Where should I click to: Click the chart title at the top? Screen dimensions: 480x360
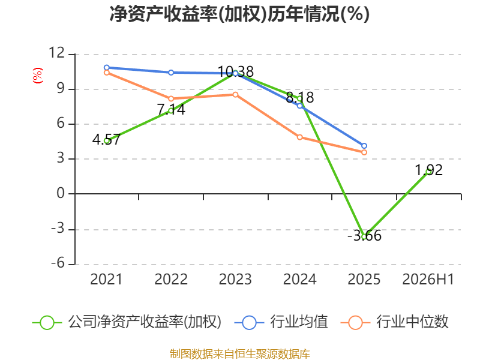[x=239, y=14]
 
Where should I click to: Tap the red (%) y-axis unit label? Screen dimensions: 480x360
[x=38, y=76]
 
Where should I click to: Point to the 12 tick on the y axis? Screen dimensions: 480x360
[x=57, y=53]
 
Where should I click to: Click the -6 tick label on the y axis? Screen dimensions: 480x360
[x=58, y=263]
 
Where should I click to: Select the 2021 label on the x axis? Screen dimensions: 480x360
[x=106, y=279]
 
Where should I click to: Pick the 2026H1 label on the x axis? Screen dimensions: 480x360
[x=428, y=279]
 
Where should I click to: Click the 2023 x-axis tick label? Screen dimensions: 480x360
[x=235, y=279]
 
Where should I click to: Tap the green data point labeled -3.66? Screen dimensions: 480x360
[x=364, y=236]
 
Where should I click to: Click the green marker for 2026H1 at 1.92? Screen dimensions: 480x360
[x=428, y=172]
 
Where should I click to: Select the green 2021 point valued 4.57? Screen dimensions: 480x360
[x=107, y=141]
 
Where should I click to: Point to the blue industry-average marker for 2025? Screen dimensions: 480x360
[x=364, y=146]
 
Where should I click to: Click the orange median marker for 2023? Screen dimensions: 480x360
[x=235, y=95]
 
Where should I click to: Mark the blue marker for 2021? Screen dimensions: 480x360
[x=107, y=68]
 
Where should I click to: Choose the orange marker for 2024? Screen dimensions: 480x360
[x=299, y=137]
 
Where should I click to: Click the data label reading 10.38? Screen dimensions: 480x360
[x=236, y=72]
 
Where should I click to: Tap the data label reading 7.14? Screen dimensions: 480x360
[x=171, y=110]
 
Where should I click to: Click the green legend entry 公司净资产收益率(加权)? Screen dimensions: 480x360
[x=127, y=322]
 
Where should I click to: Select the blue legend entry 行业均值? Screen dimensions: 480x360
[x=281, y=322]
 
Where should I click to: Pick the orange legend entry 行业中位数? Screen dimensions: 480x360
[x=395, y=322]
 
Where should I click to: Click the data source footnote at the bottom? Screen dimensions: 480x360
[x=239, y=354]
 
